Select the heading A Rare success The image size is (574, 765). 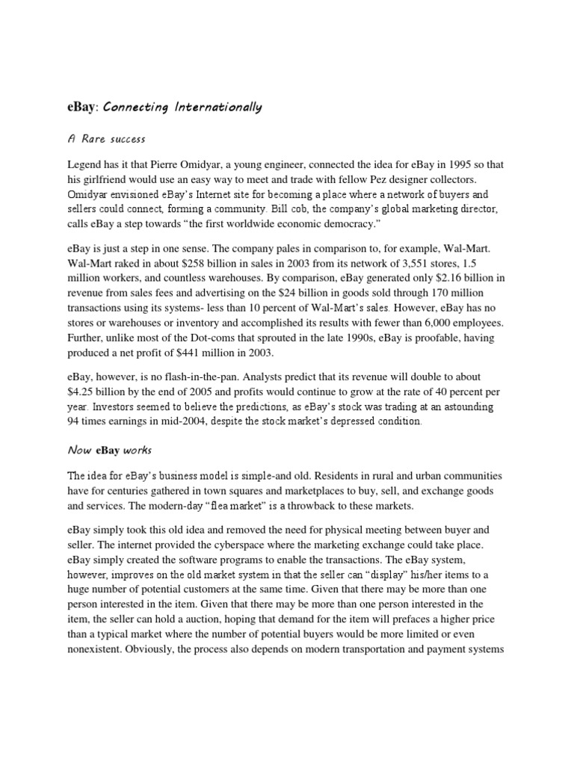coord(107,139)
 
